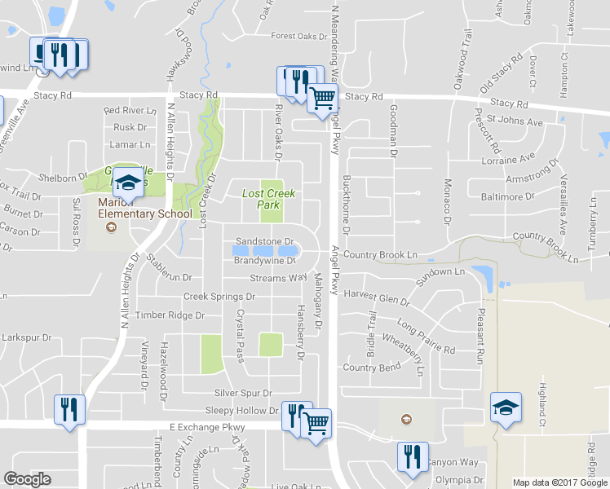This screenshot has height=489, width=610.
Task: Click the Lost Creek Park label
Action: (x=269, y=200)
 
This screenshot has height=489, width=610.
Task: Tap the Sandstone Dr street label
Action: (x=263, y=242)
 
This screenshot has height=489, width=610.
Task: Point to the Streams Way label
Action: (x=278, y=279)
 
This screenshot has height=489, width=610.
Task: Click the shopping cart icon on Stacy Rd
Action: (x=323, y=99)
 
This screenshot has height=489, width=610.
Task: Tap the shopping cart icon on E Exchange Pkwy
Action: (x=316, y=422)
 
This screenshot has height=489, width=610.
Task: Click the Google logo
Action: (x=27, y=479)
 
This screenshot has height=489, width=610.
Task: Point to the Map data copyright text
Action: (x=559, y=482)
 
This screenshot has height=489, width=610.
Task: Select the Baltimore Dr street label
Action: (x=507, y=196)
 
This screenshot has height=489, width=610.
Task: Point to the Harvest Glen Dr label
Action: (x=377, y=297)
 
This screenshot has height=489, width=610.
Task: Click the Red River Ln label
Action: (x=130, y=111)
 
